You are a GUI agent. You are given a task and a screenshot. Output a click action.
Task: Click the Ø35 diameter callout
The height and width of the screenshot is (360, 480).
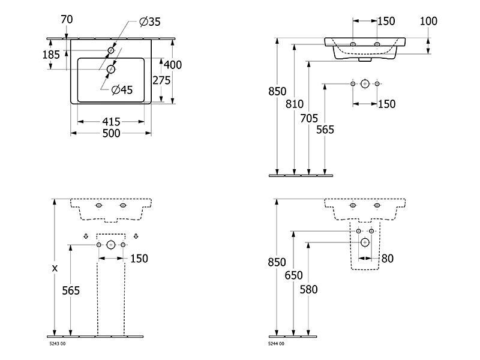[149, 22]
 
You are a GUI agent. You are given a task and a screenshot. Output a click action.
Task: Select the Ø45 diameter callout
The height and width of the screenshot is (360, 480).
[122, 89]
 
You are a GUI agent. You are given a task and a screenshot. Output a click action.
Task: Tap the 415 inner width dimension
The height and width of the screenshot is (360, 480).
[111, 122]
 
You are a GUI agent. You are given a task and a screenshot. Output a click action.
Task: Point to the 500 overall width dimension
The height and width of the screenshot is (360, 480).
[111, 133]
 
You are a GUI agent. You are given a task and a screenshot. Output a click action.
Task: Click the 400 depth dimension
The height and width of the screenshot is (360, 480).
[173, 65]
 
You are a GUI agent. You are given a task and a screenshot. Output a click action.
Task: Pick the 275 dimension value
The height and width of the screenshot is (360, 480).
[161, 80]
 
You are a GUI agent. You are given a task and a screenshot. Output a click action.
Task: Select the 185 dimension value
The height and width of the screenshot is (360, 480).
[51, 55]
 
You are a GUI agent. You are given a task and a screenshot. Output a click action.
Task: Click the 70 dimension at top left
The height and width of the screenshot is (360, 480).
[67, 20]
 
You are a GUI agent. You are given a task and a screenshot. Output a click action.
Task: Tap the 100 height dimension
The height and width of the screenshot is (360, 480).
[428, 21]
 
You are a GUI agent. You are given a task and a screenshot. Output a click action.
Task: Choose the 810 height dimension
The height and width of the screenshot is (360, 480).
[295, 104]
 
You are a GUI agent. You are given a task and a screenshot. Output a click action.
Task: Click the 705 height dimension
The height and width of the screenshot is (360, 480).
[309, 118]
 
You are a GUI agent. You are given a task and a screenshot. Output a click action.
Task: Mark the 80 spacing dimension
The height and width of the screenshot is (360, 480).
[387, 259]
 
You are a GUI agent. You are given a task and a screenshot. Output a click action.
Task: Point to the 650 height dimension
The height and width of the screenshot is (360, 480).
[293, 275]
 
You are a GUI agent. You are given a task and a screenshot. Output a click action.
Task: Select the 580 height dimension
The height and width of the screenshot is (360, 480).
[308, 289]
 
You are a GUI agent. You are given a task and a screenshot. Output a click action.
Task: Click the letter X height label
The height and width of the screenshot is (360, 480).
[55, 268]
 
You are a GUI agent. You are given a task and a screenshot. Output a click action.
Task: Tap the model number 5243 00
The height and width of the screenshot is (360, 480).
[58, 344]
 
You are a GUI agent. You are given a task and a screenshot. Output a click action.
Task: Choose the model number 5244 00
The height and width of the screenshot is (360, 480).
[276, 344]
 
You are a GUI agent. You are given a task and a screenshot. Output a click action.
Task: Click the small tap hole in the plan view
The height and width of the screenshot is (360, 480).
[111, 50]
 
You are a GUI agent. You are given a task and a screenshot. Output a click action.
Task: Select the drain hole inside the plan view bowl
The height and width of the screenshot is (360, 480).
[111, 70]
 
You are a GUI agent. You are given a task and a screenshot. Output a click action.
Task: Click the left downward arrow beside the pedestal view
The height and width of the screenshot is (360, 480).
[86, 236]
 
